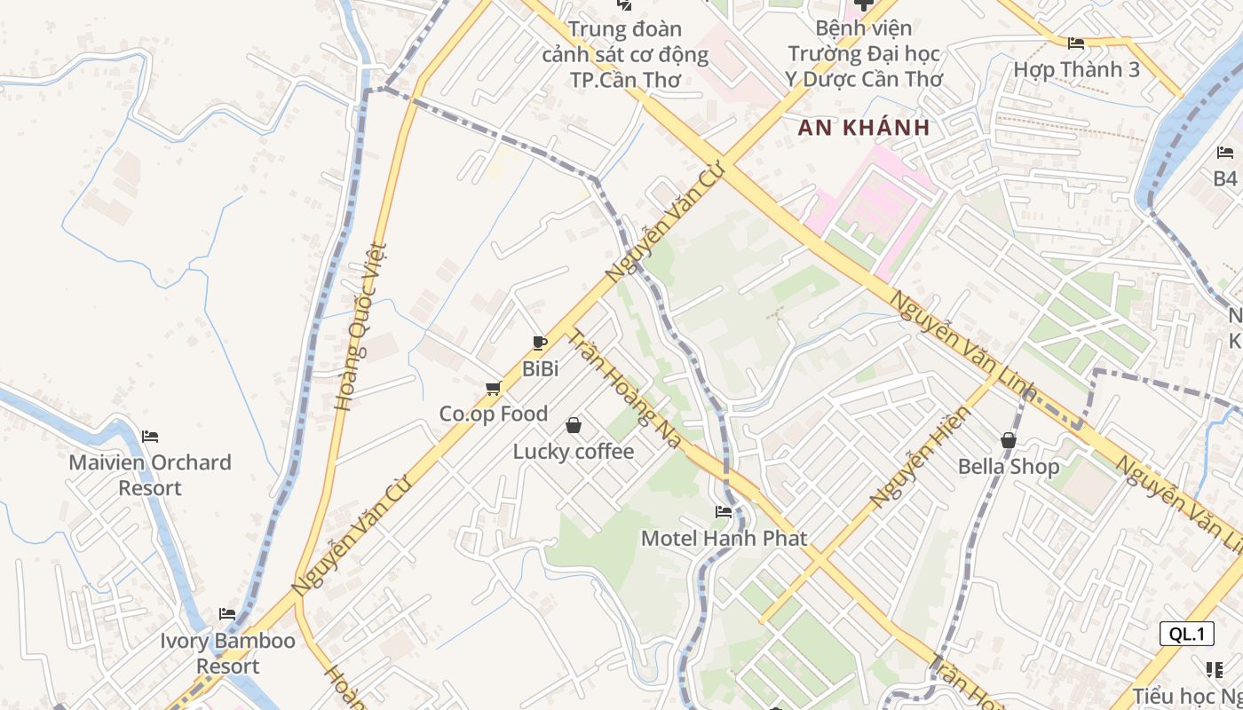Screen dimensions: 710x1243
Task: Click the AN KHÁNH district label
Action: tap(863, 128)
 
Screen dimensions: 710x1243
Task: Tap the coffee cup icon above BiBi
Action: tap(539, 343)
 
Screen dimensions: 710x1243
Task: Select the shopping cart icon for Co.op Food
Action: tap(494, 388)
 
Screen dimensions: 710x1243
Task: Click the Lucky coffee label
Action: tap(574, 452)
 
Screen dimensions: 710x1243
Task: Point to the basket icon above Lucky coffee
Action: tap(574, 426)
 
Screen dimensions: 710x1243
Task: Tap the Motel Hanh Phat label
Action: tap(724, 538)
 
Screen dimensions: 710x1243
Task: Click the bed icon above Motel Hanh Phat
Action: tap(724, 512)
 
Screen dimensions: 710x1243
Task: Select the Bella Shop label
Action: tap(1008, 467)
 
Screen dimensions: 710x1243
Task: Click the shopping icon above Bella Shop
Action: tap(1008, 440)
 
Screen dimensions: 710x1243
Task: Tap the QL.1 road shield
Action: tap(1186, 634)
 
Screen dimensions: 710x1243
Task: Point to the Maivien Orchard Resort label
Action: tap(150, 475)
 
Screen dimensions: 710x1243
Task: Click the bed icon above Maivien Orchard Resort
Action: tap(150, 437)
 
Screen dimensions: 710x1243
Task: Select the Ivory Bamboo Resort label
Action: tap(228, 653)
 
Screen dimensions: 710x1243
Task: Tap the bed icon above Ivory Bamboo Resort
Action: tap(227, 614)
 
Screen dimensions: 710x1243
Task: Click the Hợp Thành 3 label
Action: tap(1076, 69)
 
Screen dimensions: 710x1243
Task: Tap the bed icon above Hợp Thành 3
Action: tap(1076, 43)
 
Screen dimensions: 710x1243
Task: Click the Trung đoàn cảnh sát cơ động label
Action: tap(626, 55)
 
